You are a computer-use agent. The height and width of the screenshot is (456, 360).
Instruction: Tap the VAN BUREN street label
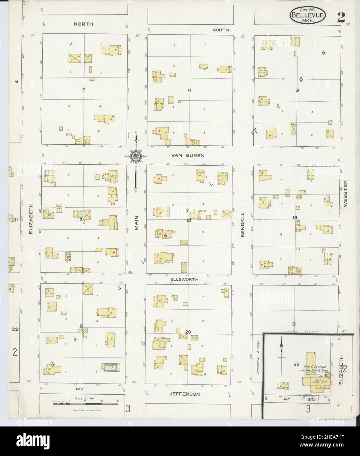coord(188,155)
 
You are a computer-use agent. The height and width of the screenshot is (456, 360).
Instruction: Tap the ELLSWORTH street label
coord(184,279)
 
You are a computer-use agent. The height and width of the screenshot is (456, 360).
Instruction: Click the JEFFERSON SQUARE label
coord(258,361)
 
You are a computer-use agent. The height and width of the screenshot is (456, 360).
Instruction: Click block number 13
coord(189,220)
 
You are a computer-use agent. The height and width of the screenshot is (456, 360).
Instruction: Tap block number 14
coord(295,218)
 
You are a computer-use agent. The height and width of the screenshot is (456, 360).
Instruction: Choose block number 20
coord(188,332)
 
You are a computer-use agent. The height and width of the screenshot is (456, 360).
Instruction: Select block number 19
coord(293,324)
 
